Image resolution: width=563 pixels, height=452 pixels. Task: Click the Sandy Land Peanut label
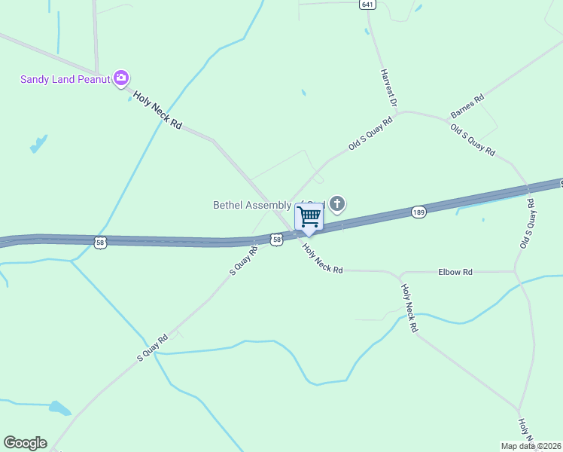point(65,78)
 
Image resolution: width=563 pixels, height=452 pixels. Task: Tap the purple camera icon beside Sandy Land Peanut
point(121,78)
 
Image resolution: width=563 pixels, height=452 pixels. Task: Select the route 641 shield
point(367,5)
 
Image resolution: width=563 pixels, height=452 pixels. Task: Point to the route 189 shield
point(419,212)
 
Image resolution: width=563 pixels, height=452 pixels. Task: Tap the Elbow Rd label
point(456,271)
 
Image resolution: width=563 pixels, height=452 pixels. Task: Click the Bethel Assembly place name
point(256,204)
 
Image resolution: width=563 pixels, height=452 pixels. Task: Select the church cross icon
point(337,203)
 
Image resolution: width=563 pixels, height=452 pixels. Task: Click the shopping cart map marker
point(309,217)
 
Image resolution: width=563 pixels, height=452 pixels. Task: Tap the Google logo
point(25,443)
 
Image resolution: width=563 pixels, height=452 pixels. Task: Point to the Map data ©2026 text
point(531,445)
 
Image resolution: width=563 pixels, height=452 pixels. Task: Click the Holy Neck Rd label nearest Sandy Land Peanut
point(158,111)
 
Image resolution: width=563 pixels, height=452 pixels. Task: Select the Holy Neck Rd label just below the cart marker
point(322,258)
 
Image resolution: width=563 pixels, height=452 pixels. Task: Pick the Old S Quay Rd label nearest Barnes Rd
point(473,141)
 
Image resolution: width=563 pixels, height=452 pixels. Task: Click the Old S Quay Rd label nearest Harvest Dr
point(371,134)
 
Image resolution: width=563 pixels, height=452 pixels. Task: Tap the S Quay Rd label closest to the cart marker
point(244,259)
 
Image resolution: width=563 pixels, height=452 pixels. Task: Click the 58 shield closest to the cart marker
point(277,239)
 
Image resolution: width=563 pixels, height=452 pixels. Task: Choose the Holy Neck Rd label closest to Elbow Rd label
point(409,308)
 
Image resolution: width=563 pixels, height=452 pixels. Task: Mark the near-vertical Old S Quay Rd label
point(528,224)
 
